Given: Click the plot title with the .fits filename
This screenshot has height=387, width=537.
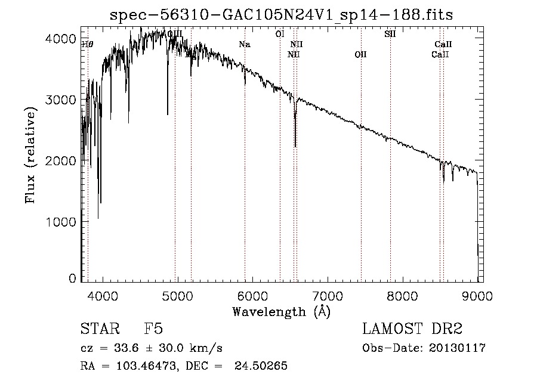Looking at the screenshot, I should pos(281,15).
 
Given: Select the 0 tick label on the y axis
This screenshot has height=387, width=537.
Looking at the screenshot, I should pos(72,278).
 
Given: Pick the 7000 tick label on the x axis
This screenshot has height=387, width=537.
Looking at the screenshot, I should pos(328,295).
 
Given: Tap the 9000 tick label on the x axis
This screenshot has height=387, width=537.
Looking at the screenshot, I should pos(477,295).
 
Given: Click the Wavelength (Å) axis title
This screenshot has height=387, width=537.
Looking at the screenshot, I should pos(281,311).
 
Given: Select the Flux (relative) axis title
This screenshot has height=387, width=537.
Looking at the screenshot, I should pos(30,155).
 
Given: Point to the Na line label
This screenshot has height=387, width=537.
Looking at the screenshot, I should pos(244,44).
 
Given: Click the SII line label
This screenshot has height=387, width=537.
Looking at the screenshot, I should pos(390,34).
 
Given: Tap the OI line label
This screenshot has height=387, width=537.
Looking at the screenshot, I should pos(279,34).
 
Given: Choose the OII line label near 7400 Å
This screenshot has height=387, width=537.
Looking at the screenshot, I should pos(360,55).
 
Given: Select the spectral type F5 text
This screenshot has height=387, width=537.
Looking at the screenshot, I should pos(153,329).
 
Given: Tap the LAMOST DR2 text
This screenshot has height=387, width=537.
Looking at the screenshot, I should pos(412,329).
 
